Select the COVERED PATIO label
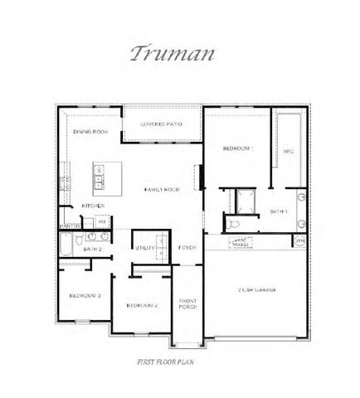[x=161, y=124]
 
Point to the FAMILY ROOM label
[x=162, y=190]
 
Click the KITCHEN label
[x=92, y=206]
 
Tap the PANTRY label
[x=70, y=226]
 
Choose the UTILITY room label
[x=144, y=247]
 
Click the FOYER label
[x=187, y=247]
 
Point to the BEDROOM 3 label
[x=85, y=295]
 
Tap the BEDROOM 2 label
[x=142, y=305]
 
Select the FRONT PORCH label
[x=187, y=303]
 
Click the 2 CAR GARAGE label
[x=257, y=289]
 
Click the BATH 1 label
[x=279, y=212]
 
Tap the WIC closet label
[x=288, y=152]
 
